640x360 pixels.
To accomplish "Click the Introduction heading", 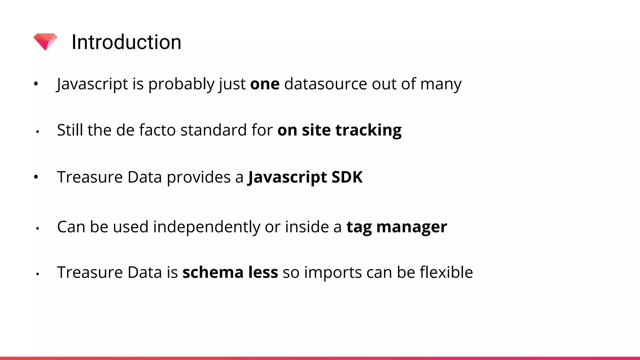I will (x=126, y=42).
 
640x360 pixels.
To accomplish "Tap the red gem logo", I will (x=46, y=42).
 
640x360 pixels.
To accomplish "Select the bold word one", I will (x=265, y=84).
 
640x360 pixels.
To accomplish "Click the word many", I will (x=441, y=84).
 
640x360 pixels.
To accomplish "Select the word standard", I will (x=213, y=130).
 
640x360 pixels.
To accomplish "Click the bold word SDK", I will (x=347, y=177).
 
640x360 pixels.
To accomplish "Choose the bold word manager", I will (x=412, y=227).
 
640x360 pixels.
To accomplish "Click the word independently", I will (x=206, y=227).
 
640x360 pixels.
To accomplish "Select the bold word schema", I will (x=213, y=272).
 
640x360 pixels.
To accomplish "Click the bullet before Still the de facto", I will (x=37, y=132).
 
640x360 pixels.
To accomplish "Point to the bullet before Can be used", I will (x=37, y=228).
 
